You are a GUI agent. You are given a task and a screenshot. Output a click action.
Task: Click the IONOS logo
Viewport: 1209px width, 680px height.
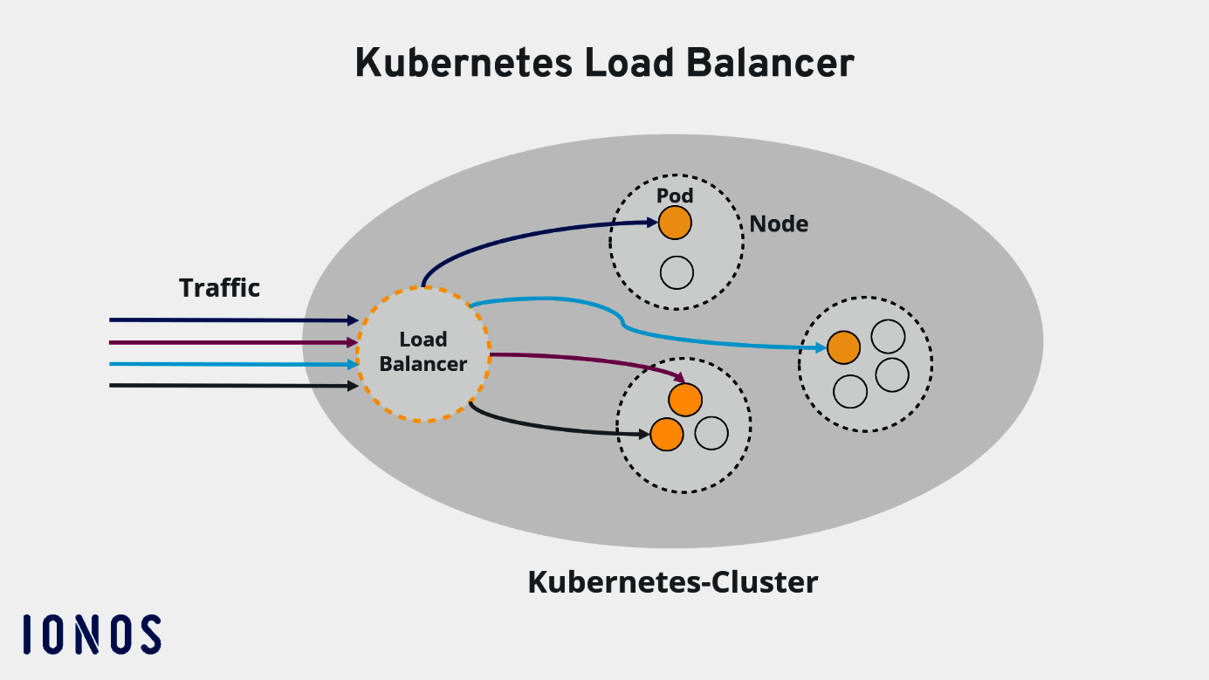coord(92,634)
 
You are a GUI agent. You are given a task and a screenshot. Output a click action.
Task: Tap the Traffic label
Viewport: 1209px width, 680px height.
coord(219,288)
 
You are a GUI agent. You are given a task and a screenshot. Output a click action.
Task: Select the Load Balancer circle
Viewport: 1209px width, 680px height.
coord(423,354)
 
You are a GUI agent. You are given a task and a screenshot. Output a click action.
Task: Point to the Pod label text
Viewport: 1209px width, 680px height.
coord(675,196)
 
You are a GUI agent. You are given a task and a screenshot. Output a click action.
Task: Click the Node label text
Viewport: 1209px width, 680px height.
coord(779,224)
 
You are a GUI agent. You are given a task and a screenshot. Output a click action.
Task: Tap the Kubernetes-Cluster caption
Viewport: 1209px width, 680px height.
coord(672,582)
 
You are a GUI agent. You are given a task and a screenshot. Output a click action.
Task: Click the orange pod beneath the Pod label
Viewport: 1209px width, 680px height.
coord(675,223)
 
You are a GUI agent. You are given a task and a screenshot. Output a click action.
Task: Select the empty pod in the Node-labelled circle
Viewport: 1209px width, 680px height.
coord(677,273)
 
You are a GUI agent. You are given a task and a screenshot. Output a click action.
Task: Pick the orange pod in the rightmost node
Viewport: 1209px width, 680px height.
coord(843,347)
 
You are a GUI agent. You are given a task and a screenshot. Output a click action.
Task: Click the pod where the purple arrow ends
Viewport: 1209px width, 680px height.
coord(685,400)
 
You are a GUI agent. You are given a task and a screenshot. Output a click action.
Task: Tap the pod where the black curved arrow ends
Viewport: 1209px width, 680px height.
coord(666,434)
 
